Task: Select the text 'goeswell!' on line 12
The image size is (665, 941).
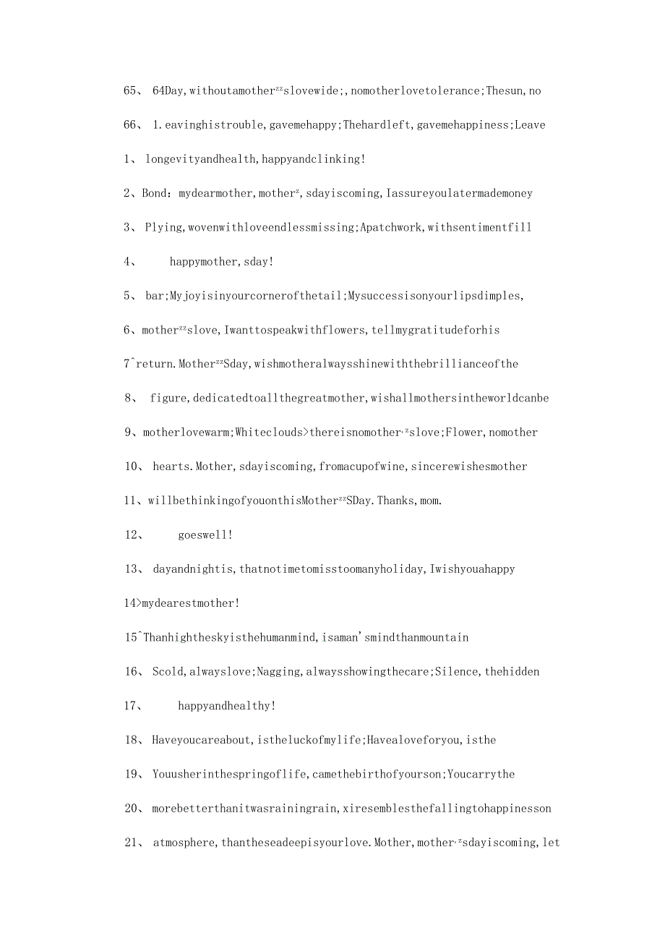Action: [x=205, y=535]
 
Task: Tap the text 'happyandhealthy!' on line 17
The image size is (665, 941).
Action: [x=227, y=706]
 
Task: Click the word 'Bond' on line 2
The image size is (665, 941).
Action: [x=154, y=193]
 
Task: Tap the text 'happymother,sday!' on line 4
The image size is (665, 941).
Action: [x=222, y=262]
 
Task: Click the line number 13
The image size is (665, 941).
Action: [x=134, y=569]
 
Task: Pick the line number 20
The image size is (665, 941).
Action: [x=134, y=809]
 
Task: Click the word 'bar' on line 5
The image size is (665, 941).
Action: [x=155, y=296]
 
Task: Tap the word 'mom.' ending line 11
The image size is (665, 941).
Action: [x=431, y=501]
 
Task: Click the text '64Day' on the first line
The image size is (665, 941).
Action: [x=168, y=91]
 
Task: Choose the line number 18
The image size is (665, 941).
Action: [x=134, y=740]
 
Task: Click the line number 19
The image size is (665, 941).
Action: [x=134, y=775]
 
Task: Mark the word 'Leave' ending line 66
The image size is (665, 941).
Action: [x=530, y=125]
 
